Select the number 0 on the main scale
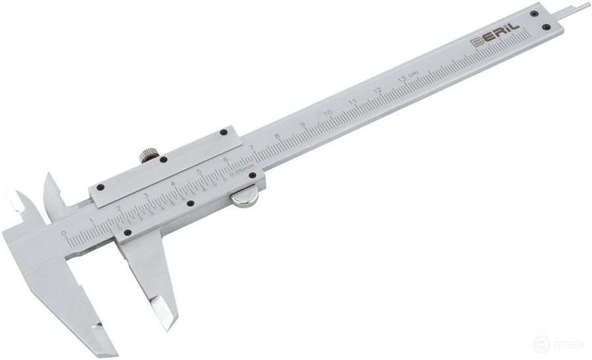tap(64, 233)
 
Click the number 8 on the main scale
tap(278, 136)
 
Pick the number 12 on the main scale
tap(378, 90)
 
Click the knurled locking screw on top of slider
tap(149, 156)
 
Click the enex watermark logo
tap(556, 344)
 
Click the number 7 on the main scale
tap(252, 147)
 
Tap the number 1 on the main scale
tap(91, 221)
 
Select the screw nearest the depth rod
tap(535, 13)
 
